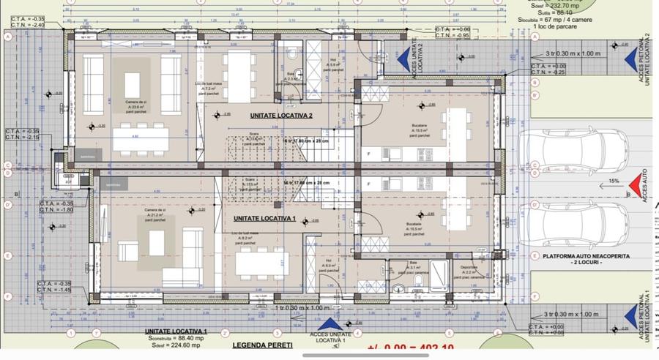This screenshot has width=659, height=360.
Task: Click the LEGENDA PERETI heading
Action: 261,345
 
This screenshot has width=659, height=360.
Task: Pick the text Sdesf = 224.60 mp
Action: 176,345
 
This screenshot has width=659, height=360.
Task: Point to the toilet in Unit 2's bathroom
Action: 291,56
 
